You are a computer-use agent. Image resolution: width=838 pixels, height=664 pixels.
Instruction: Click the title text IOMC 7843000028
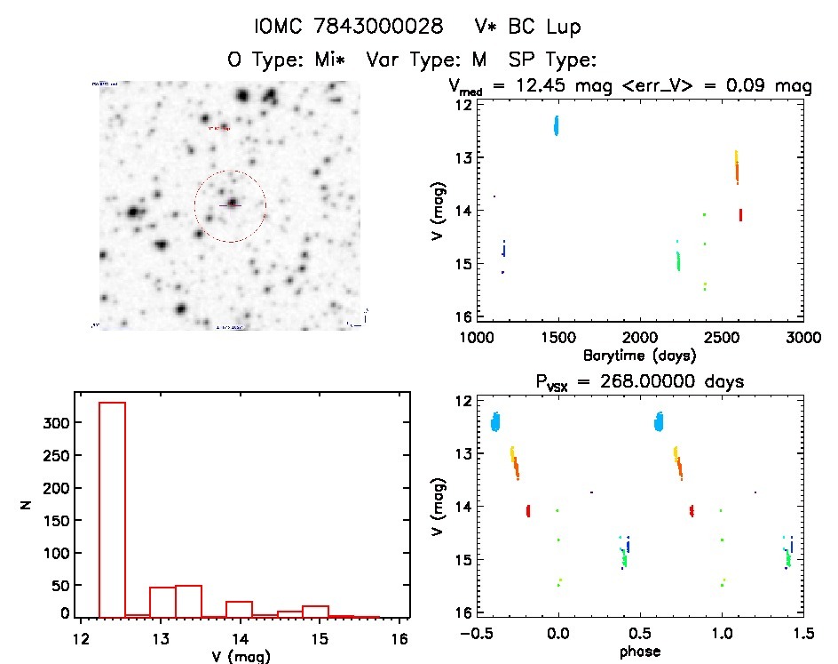coord(348,28)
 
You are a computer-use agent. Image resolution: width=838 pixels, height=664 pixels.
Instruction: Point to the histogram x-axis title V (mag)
coord(241,657)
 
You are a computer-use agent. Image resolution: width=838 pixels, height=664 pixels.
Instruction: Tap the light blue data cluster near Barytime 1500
coord(557,125)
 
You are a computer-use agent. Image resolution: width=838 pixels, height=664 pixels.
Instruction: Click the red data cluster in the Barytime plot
coord(740,214)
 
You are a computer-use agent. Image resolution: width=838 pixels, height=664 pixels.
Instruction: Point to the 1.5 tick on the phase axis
coord(802,634)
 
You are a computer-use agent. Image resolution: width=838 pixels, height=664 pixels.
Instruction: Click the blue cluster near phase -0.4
coord(495,421)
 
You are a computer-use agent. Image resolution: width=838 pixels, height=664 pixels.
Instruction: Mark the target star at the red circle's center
coord(232,204)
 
